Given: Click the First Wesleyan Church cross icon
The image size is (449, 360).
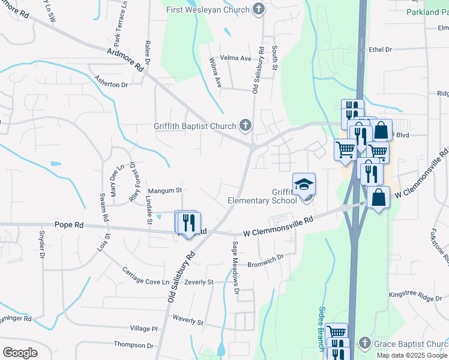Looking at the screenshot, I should pyautogui.click(x=258, y=8).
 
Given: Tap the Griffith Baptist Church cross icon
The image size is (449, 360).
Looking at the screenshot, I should pyautogui.click(x=245, y=125).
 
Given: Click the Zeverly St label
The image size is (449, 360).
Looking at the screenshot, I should pyautogui.click(x=199, y=282).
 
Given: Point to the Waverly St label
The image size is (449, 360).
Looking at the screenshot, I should pyautogui.click(x=188, y=320).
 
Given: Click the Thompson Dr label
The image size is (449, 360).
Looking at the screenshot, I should pyautogui.click(x=134, y=345).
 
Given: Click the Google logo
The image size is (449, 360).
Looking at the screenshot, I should pyautogui.click(x=20, y=352).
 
